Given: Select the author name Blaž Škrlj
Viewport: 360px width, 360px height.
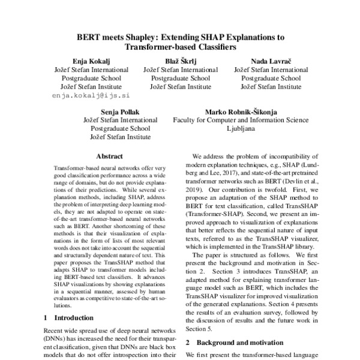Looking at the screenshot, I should point(180,61).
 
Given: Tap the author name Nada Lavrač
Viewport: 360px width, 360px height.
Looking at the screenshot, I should point(271,61).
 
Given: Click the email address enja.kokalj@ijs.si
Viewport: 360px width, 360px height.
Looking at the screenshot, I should point(91,95).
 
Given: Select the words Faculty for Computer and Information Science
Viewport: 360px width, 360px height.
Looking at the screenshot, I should point(241,120).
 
